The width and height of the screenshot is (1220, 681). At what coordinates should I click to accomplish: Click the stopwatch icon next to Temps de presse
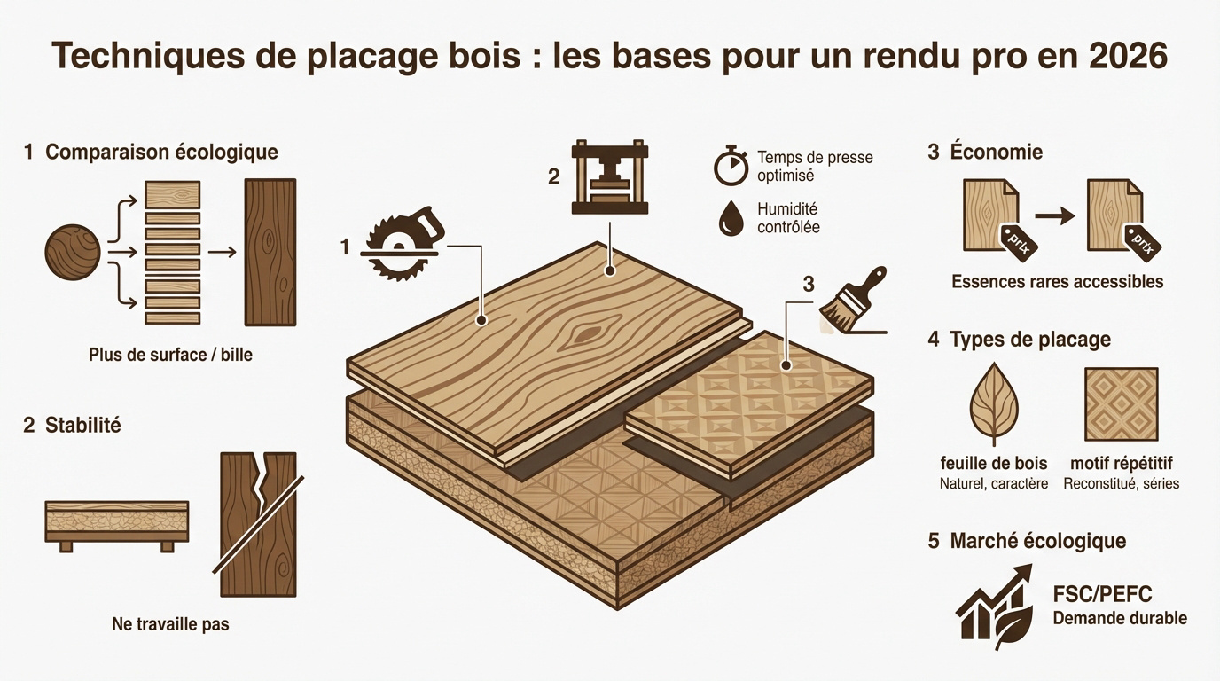click(731, 167)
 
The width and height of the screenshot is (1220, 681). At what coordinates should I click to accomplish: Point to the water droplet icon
click(731, 218)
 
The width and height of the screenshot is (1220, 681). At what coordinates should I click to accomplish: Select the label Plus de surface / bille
click(170, 355)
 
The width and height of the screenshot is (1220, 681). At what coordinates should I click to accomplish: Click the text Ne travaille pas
click(170, 624)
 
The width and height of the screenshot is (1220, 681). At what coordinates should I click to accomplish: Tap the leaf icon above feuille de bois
click(994, 403)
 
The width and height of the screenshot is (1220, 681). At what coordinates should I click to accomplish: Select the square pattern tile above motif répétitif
click(1121, 404)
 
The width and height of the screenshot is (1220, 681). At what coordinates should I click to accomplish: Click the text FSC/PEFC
click(1102, 594)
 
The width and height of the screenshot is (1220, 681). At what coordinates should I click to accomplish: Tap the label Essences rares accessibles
click(1057, 282)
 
